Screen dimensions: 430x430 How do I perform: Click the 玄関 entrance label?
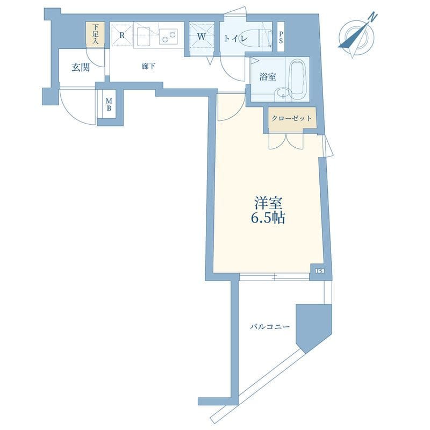[x=81, y=67]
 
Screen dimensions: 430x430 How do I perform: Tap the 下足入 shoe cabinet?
[x=95, y=35]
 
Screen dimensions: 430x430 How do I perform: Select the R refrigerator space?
[x=122, y=35]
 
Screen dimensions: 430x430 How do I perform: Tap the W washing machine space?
[x=202, y=37]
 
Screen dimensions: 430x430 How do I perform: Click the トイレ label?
[x=235, y=38]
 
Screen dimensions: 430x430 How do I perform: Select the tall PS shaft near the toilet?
[x=281, y=37]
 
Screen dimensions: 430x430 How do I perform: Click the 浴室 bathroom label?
[x=267, y=77]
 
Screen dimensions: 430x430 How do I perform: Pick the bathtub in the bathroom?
[x=297, y=78]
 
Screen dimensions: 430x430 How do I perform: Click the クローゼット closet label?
[x=291, y=118]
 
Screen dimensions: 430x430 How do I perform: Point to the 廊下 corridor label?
[x=149, y=66]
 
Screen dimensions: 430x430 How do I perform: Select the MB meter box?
[x=109, y=104]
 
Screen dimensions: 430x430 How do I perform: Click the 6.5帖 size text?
[x=267, y=218]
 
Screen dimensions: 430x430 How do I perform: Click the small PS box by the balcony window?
[x=320, y=271]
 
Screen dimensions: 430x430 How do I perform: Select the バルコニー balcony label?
[x=270, y=327]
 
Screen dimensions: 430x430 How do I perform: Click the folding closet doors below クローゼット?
[x=286, y=141]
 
